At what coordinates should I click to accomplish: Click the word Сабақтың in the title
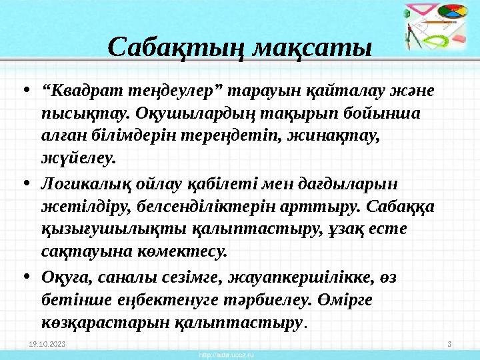(173, 48)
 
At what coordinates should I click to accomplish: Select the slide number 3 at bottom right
(449, 344)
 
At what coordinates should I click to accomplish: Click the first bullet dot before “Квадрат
(25, 90)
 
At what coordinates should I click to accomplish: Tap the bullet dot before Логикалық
(25, 183)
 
